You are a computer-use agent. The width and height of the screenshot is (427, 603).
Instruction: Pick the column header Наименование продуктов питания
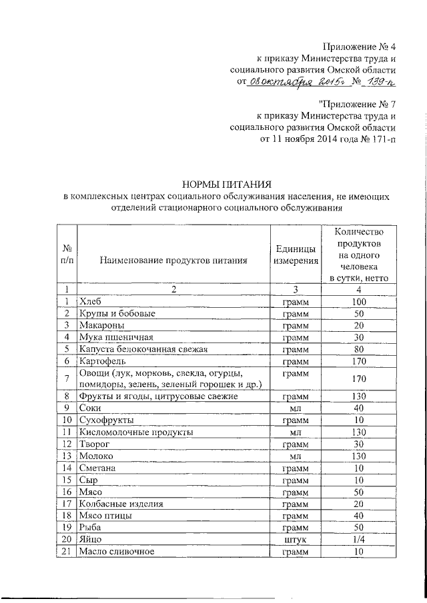point(173,261)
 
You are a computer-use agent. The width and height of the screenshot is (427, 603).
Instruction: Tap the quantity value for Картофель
point(358,361)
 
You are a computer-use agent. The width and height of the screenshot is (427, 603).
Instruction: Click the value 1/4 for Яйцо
point(358,540)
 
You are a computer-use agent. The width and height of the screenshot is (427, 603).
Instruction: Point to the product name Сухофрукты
point(106,420)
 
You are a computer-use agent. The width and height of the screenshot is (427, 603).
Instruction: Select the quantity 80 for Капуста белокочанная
point(358,349)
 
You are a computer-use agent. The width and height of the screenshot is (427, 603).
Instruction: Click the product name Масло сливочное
point(116,552)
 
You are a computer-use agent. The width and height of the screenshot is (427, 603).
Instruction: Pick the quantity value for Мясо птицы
point(358,516)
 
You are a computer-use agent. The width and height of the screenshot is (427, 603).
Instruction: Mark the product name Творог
point(93,444)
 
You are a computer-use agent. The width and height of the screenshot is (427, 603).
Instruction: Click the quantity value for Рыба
point(358,528)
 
